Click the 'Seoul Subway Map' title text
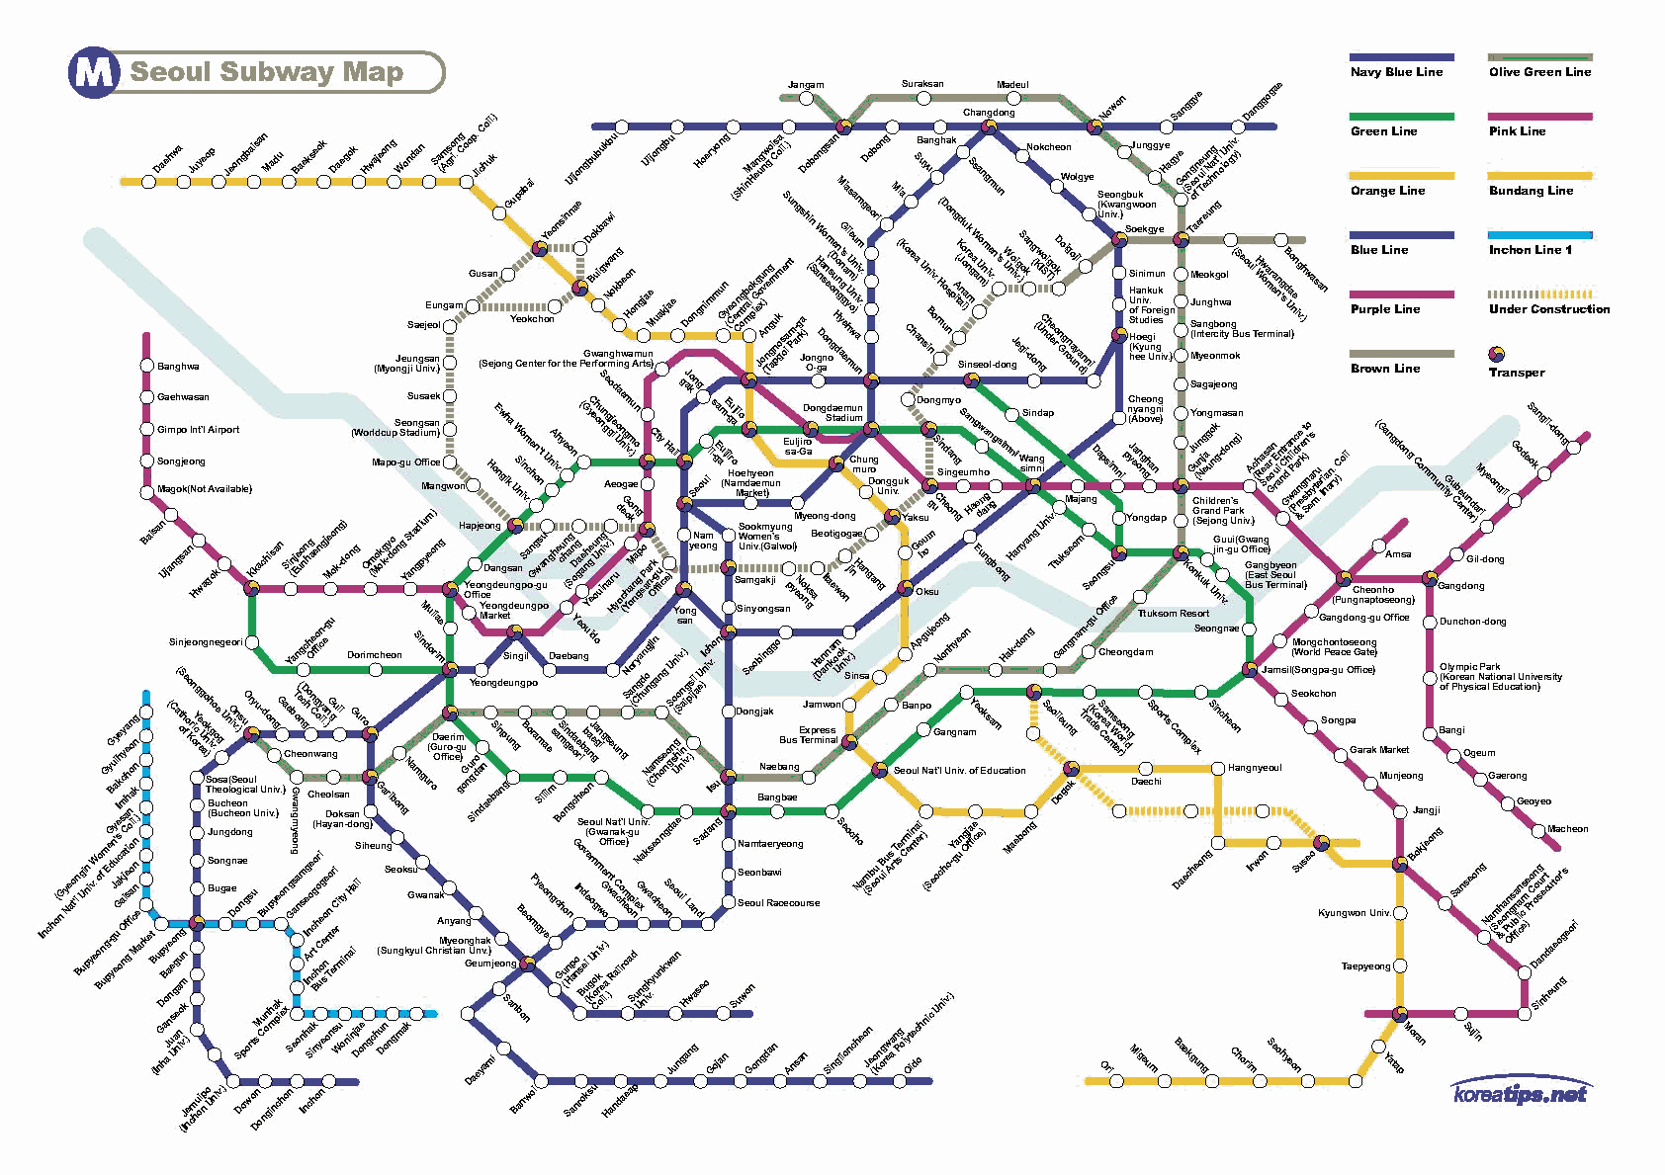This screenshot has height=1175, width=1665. [x=267, y=72]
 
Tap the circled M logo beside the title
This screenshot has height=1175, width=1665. [x=93, y=73]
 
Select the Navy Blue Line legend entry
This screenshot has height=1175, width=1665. [x=1396, y=72]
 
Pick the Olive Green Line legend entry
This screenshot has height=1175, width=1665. [x=1539, y=72]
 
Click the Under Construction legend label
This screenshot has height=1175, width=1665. [x=1548, y=309]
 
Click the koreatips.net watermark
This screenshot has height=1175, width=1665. [x=1520, y=1094]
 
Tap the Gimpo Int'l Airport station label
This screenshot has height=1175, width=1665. [x=198, y=430]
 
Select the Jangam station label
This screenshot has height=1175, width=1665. [x=806, y=85]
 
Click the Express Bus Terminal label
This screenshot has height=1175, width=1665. [x=808, y=734]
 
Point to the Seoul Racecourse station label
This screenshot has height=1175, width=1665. [x=778, y=903]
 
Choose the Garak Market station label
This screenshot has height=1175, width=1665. [x=1379, y=750]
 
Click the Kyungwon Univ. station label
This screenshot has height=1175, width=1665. [x=1354, y=913]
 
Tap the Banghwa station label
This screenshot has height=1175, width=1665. [x=178, y=367]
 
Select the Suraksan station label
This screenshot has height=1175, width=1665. [x=922, y=84]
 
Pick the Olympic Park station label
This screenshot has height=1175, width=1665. [x=1469, y=667]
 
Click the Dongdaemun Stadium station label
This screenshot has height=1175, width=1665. [x=832, y=412]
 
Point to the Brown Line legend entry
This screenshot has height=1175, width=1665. [x=1385, y=369]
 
